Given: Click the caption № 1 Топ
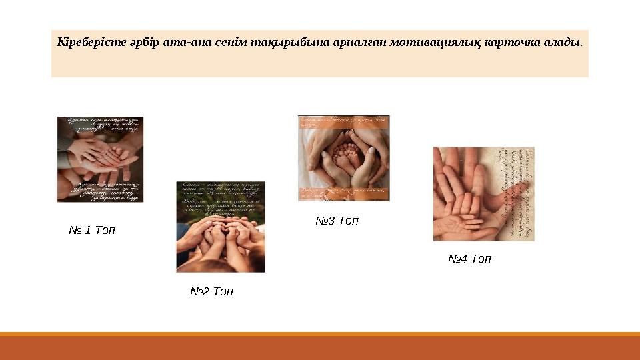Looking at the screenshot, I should [92, 231].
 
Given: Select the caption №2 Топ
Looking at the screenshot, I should [211, 292].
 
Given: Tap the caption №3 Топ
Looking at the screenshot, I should [337, 221].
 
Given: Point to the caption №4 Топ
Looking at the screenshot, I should [469, 259].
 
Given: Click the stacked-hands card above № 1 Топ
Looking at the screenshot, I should [100, 159].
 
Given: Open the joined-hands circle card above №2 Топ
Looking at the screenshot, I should [220, 227].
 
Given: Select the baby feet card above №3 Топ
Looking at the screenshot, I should [343, 158].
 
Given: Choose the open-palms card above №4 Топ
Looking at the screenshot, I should [483, 193].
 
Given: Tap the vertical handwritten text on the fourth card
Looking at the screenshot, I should [517, 193].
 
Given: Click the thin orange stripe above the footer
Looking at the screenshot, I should [320, 334].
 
